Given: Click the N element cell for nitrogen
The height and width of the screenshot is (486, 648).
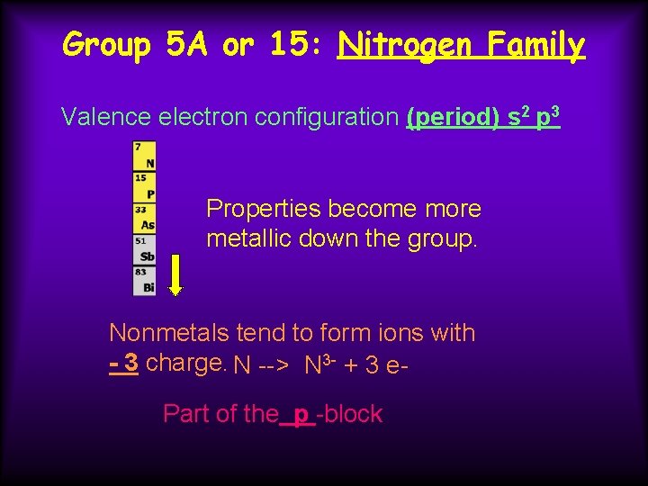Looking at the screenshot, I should click(144, 157).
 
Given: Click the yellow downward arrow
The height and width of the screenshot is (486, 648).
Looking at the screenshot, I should click(176, 274).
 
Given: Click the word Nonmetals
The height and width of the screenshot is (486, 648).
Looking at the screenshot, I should click(169, 333).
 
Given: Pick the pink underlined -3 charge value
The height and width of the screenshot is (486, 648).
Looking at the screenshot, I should click(123, 363).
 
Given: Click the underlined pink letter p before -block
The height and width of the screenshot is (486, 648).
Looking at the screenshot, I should click(301, 415).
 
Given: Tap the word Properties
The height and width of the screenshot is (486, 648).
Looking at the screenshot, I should click(264, 209).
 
